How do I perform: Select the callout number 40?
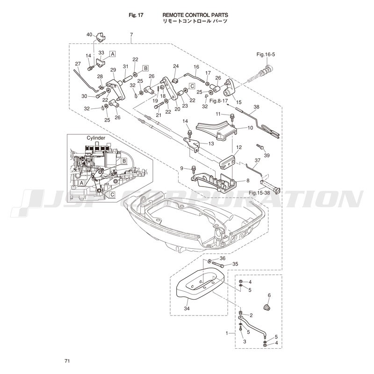tap(89, 35)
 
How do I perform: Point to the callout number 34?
tap(187, 309)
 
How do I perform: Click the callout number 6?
tap(269, 295)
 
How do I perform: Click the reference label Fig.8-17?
tap(218, 101)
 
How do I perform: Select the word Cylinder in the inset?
tap(96, 138)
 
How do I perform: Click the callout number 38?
tap(256, 107)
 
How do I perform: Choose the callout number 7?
tap(131, 35)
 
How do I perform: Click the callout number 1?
tap(228, 333)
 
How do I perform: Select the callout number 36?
tap(223, 259)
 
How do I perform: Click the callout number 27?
tap(78, 64)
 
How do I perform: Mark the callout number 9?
tap(182, 168)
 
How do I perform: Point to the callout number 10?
tap(250, 128)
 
